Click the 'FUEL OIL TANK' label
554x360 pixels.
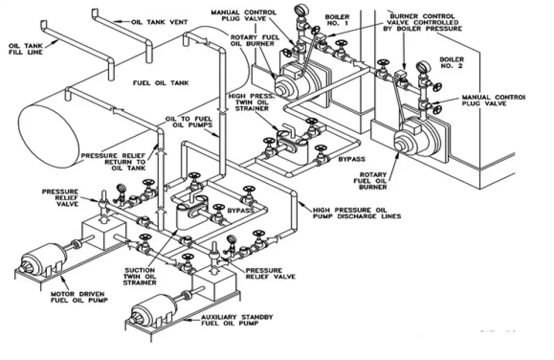coord(160,83)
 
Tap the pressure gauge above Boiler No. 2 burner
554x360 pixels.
coord(423,67)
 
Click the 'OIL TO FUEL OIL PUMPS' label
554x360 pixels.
coord(189,121)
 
